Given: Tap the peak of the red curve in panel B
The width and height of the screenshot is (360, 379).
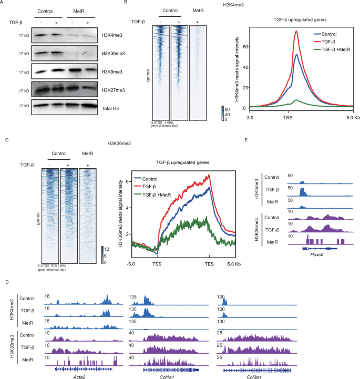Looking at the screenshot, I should pyautogui.click(x=296, y=31).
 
